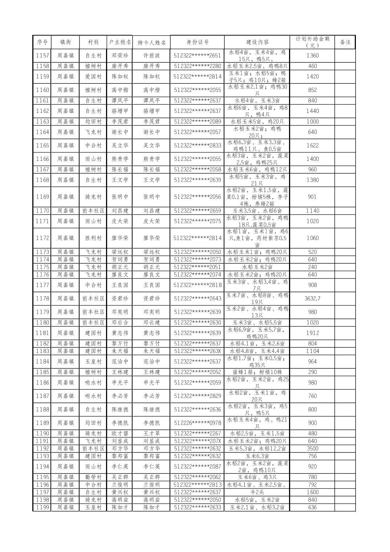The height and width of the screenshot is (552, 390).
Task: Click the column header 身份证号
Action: coord(197,42)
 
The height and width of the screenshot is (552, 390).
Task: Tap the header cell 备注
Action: coord(345,42)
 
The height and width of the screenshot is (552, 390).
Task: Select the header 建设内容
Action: coord(257,42)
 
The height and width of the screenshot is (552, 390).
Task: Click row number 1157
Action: coord(42,56)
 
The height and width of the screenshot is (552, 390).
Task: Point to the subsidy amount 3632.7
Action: coord(312,299)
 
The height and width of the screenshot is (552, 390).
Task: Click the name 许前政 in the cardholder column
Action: coord(151,56)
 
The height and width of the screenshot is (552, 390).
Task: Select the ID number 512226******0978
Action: coord(197,423)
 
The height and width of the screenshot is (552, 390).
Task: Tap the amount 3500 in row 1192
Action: coord(312,448)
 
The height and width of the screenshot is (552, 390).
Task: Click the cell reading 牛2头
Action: coord(257,492)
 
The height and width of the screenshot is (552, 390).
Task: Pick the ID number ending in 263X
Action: coord(197,351)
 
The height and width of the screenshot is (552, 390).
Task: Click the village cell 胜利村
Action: coord(93,238)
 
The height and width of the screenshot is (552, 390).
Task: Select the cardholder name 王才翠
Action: coord(151,433)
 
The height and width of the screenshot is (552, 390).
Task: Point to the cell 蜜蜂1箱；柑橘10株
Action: coord(257,372)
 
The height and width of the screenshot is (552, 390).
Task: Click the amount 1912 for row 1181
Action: coord(312,333)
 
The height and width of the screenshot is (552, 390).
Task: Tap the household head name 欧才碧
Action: coord(120,433)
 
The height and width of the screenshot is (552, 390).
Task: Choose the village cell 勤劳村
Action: coord(93,477)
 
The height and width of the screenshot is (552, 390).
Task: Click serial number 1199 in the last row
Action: coord(42,507)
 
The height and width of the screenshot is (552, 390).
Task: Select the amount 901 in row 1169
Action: coord(312,196)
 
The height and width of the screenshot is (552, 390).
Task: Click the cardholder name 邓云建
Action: coord(151,322)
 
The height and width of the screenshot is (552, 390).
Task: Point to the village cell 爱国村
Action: coord(93,76)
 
